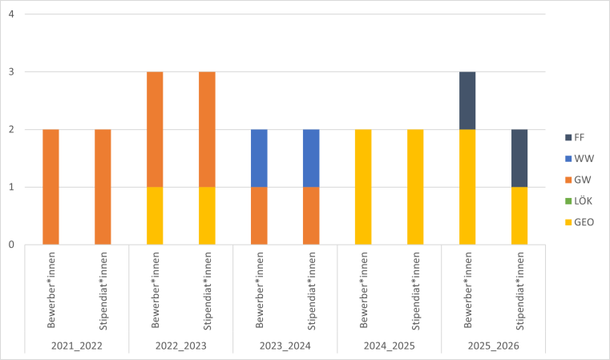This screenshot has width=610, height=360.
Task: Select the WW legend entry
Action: [x=579, y=158]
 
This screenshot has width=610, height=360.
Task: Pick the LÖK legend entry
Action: [x=579, y=200]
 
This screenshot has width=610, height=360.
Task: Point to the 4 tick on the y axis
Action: [x=10, y=14]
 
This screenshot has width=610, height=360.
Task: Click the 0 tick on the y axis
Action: [x=10, y=245]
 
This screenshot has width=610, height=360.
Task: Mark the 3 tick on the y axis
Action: [x=10, y=72]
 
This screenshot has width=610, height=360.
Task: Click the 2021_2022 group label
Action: [x=77, y=346]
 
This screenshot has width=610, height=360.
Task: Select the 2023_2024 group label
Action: [x=285, y=346]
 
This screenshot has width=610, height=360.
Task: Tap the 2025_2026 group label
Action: [x=493, y=346]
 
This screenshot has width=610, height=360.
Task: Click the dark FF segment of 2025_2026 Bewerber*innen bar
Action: [x=467, y=100]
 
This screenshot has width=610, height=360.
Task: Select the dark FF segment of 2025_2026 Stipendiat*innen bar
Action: [x=519, y=158]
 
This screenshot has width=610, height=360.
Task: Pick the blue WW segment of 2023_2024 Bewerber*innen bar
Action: [x=259, y=158]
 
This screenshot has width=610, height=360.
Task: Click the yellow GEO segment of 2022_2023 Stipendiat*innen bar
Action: [x=207, y=216]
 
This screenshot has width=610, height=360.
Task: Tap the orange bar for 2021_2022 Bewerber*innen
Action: [x=50, y=187]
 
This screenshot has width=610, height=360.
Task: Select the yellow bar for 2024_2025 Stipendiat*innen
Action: [x=415, y=187]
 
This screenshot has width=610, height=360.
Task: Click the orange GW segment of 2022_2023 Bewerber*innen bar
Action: [x=155, y=129]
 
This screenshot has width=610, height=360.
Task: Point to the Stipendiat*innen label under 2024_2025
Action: [x=415, y=293]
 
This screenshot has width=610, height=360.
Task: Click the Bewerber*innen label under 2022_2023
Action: [x=155, y=293]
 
